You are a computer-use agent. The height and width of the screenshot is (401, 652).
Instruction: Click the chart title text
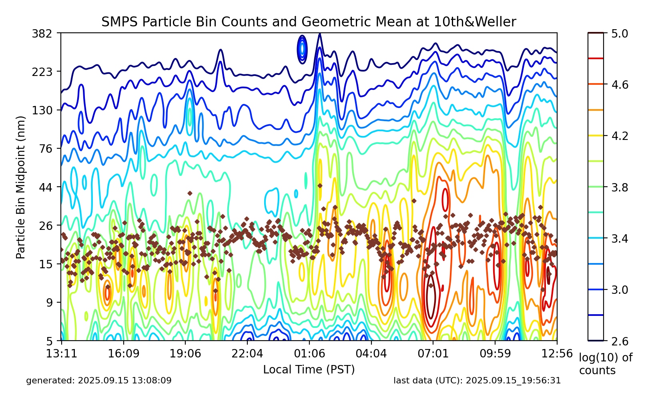(x=309, y=22)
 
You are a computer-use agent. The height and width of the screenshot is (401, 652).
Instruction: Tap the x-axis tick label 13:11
(x=61, y=354)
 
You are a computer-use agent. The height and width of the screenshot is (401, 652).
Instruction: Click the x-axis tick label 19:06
(x=185, y=354)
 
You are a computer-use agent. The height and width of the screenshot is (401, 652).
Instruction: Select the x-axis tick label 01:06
(x=309, y=354)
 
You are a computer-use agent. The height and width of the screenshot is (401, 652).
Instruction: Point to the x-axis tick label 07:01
(x=433, y=354)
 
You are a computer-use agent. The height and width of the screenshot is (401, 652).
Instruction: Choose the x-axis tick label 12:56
(x=557, y=354)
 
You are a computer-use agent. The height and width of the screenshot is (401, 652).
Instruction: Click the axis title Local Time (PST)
(x=309, y=369)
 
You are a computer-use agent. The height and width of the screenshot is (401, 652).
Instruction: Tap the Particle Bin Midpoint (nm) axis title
(x=21, y=187)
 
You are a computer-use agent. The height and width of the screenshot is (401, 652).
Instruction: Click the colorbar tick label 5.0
(x=620, y=33)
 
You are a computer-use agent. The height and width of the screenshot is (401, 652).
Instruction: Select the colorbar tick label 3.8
(x=620, y=187)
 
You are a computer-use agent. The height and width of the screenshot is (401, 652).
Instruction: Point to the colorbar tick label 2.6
(x=620, y=341)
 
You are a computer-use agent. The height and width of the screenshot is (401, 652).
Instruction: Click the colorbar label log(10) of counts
(x=605, y=364)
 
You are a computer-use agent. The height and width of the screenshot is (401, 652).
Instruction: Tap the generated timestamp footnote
(x=99, y=381)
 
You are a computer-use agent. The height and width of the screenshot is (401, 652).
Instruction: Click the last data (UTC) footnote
(x=477, y=381)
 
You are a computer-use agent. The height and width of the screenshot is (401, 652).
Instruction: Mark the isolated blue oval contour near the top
(x=302, y=49)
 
